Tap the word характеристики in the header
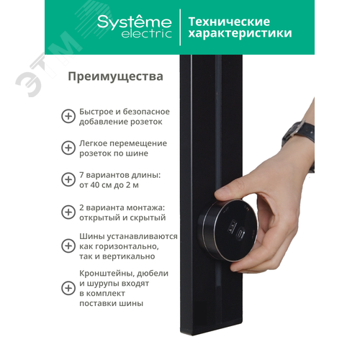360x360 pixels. click(240, 33)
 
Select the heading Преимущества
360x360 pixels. click(115, 76)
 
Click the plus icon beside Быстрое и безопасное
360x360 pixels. click(68, 117)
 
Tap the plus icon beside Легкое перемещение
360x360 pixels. click(68, 148)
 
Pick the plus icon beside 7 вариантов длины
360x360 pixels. click(68, 180)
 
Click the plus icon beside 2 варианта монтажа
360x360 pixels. click(68, 212)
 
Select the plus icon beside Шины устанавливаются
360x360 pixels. click(68, 246)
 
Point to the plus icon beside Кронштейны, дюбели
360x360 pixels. click(68, 288)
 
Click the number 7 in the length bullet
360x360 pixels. click(82, 175)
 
